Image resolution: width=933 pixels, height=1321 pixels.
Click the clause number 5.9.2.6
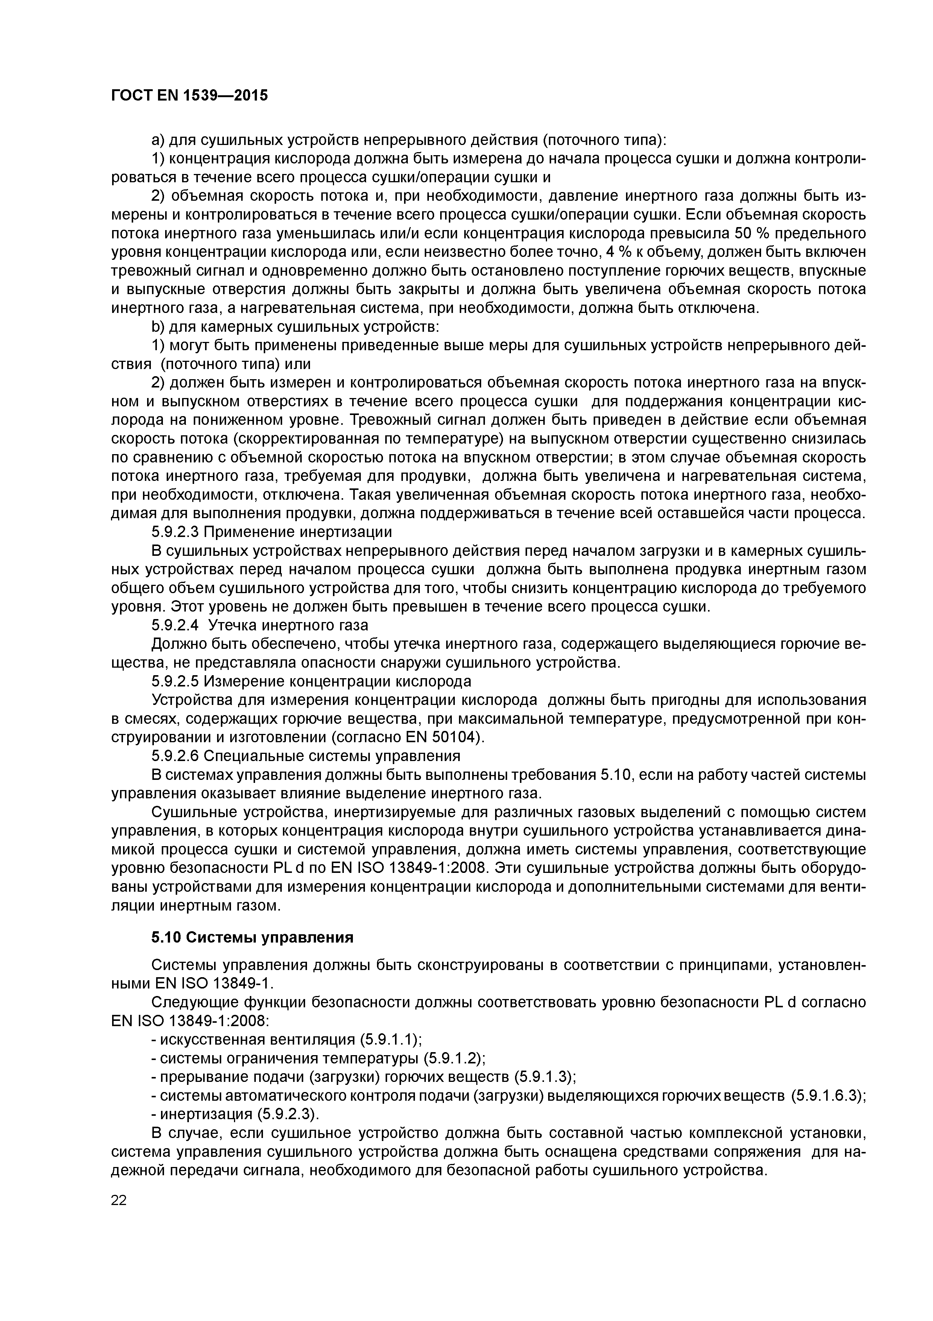tap(175, 755)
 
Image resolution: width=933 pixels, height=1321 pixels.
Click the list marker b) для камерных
tap(158, 327)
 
